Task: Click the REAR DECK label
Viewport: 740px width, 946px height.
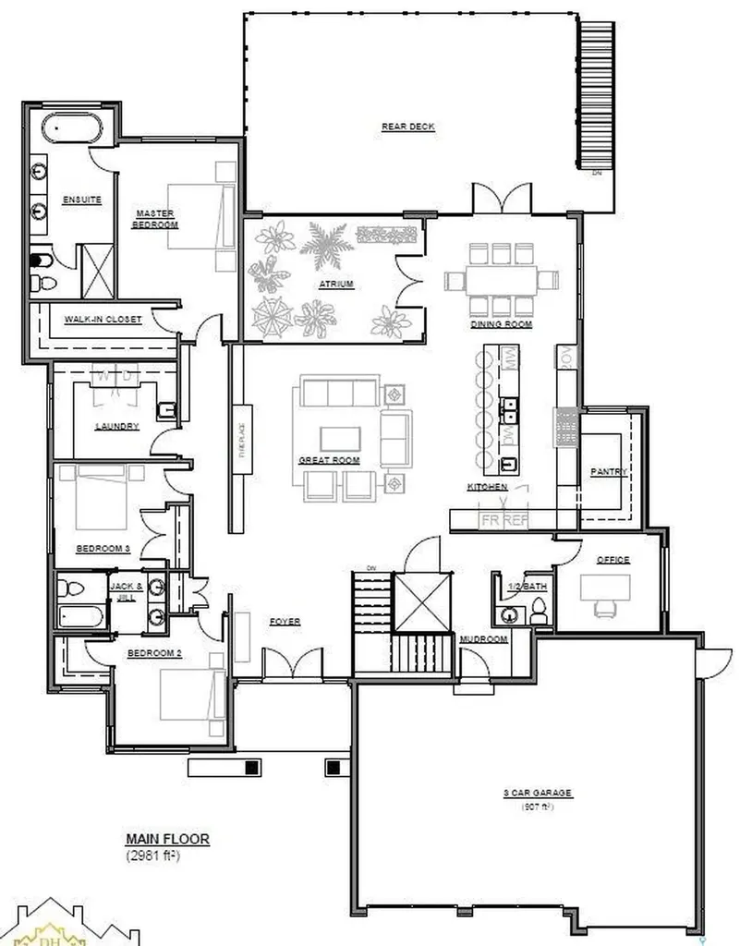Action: tap(407, 127)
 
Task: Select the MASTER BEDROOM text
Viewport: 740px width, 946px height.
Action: tap(154, 218)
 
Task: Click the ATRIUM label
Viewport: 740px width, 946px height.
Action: tap(337, 284)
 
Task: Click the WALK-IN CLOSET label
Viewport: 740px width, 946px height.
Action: tap(103, 320)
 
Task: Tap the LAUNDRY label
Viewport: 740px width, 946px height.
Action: tap(116, 426)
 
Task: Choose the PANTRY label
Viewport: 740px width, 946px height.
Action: tap(609, 472)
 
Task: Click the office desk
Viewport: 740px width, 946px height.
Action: tap(604, 586)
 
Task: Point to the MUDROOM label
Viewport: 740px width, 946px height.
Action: tap(483, 639)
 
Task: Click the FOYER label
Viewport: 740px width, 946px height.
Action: tap(285, 622)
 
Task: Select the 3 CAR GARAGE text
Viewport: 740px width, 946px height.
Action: tap(539, 793)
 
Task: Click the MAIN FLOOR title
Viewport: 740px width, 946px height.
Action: tap(167, 839)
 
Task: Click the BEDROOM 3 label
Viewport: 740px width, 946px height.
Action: tap(103, 548)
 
